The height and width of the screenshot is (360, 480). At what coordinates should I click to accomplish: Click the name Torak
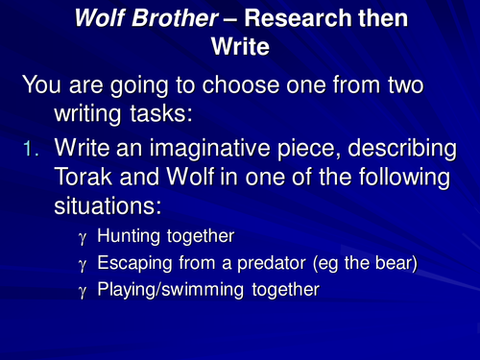coord(87,180)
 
